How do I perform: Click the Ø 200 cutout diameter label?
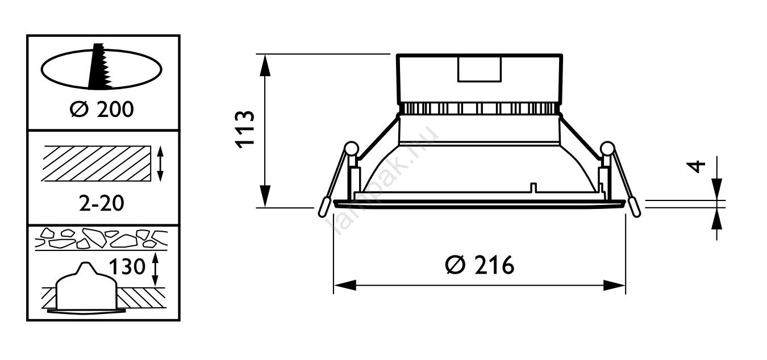[x=102, y=110]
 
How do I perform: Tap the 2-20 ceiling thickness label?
[x=101, y=203]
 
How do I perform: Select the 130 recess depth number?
[x=127, y=266]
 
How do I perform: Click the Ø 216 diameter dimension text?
[x=480, y=265]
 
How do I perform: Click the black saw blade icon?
[x=99, y=66]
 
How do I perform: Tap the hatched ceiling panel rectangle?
[x=96, y=164]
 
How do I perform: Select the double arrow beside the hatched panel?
[x=160, y=164]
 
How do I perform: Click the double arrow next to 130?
[x=155, y=269]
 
